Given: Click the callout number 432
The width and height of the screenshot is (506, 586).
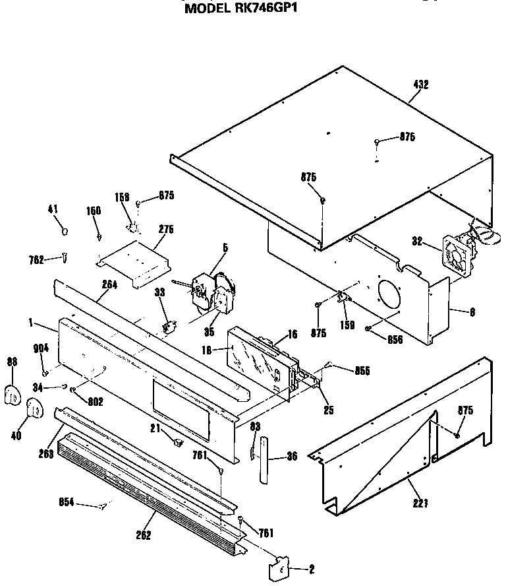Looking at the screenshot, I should [420, 84].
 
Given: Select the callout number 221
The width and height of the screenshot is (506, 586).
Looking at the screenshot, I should [421, 504].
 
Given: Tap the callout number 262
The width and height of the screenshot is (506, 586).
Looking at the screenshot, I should [144, 535].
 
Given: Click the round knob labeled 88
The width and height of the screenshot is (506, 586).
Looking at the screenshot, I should [13, 395].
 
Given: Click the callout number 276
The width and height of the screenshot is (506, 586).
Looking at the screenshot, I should [166, 230].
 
